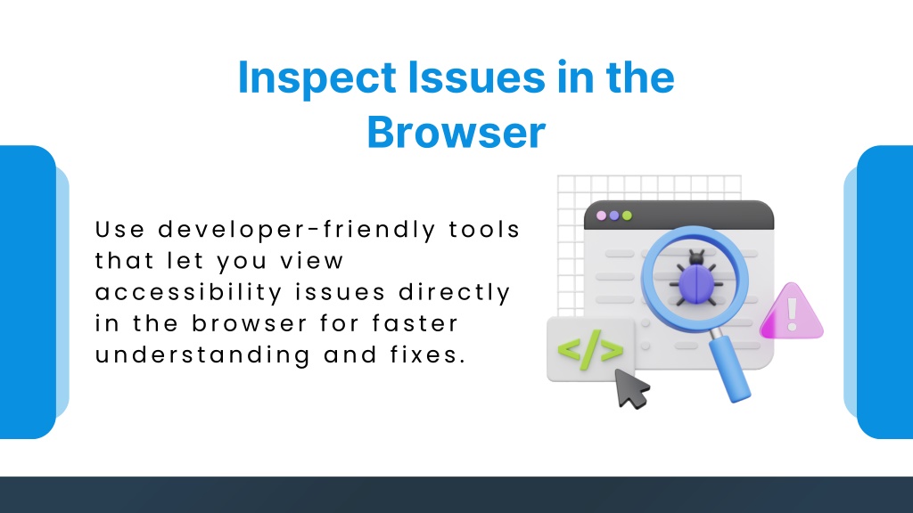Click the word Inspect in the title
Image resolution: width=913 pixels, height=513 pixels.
[317, 78]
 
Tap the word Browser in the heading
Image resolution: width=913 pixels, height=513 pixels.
[456, 132]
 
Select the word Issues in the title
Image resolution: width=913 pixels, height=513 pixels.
[476, 77]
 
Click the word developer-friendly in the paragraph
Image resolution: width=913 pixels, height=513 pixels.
[297, 230]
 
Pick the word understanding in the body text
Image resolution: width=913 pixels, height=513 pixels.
[202, 354]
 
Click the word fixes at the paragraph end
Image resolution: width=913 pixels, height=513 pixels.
[428, 354]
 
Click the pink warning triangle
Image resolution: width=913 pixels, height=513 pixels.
[792, 313]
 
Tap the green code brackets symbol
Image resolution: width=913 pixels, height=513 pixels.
[590, 349]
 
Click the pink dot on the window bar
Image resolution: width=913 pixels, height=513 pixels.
[602, 216]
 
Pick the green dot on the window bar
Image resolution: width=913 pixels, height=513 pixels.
[627, 216]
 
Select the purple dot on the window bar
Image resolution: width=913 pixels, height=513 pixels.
[614, 216]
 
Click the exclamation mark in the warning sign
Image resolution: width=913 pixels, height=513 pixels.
[792, 314]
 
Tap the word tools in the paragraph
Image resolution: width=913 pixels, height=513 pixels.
[484, 229]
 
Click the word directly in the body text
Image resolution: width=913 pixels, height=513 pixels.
[455, 292]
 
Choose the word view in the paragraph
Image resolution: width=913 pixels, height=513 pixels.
[312, 261]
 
